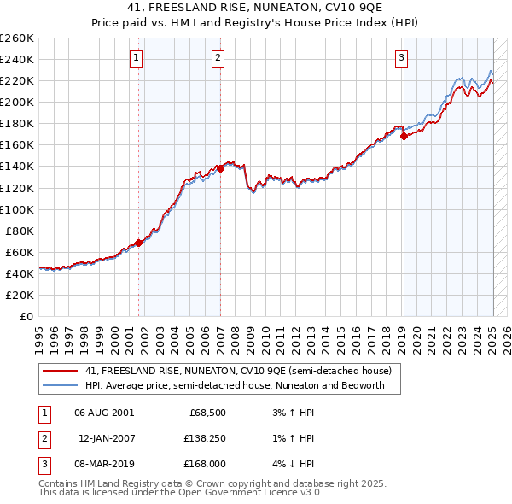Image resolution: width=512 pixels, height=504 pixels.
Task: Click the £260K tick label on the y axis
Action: coord(16,38)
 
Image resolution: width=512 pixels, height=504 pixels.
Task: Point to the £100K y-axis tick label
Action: coord(16,209)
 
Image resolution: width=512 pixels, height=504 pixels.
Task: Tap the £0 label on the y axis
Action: coord(26,316)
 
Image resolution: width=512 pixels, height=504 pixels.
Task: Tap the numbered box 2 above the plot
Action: coord(218,58)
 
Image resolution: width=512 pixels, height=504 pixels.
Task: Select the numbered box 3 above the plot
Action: coord(401,58)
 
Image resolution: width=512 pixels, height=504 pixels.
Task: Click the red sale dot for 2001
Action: coord(138,243)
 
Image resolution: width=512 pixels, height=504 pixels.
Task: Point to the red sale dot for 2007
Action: coord(220,168)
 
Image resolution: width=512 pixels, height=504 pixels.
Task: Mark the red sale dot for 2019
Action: coord(404,136)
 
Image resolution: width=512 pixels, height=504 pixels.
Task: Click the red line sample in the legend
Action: coord(60,372)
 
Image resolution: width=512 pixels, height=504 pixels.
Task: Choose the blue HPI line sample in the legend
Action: coord(60,385)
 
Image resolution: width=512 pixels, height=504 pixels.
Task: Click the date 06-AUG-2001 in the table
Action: coord(104,413)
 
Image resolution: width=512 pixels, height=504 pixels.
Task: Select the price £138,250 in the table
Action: coord(201,438)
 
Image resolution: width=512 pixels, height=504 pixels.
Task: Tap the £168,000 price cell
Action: coord(201,464)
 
